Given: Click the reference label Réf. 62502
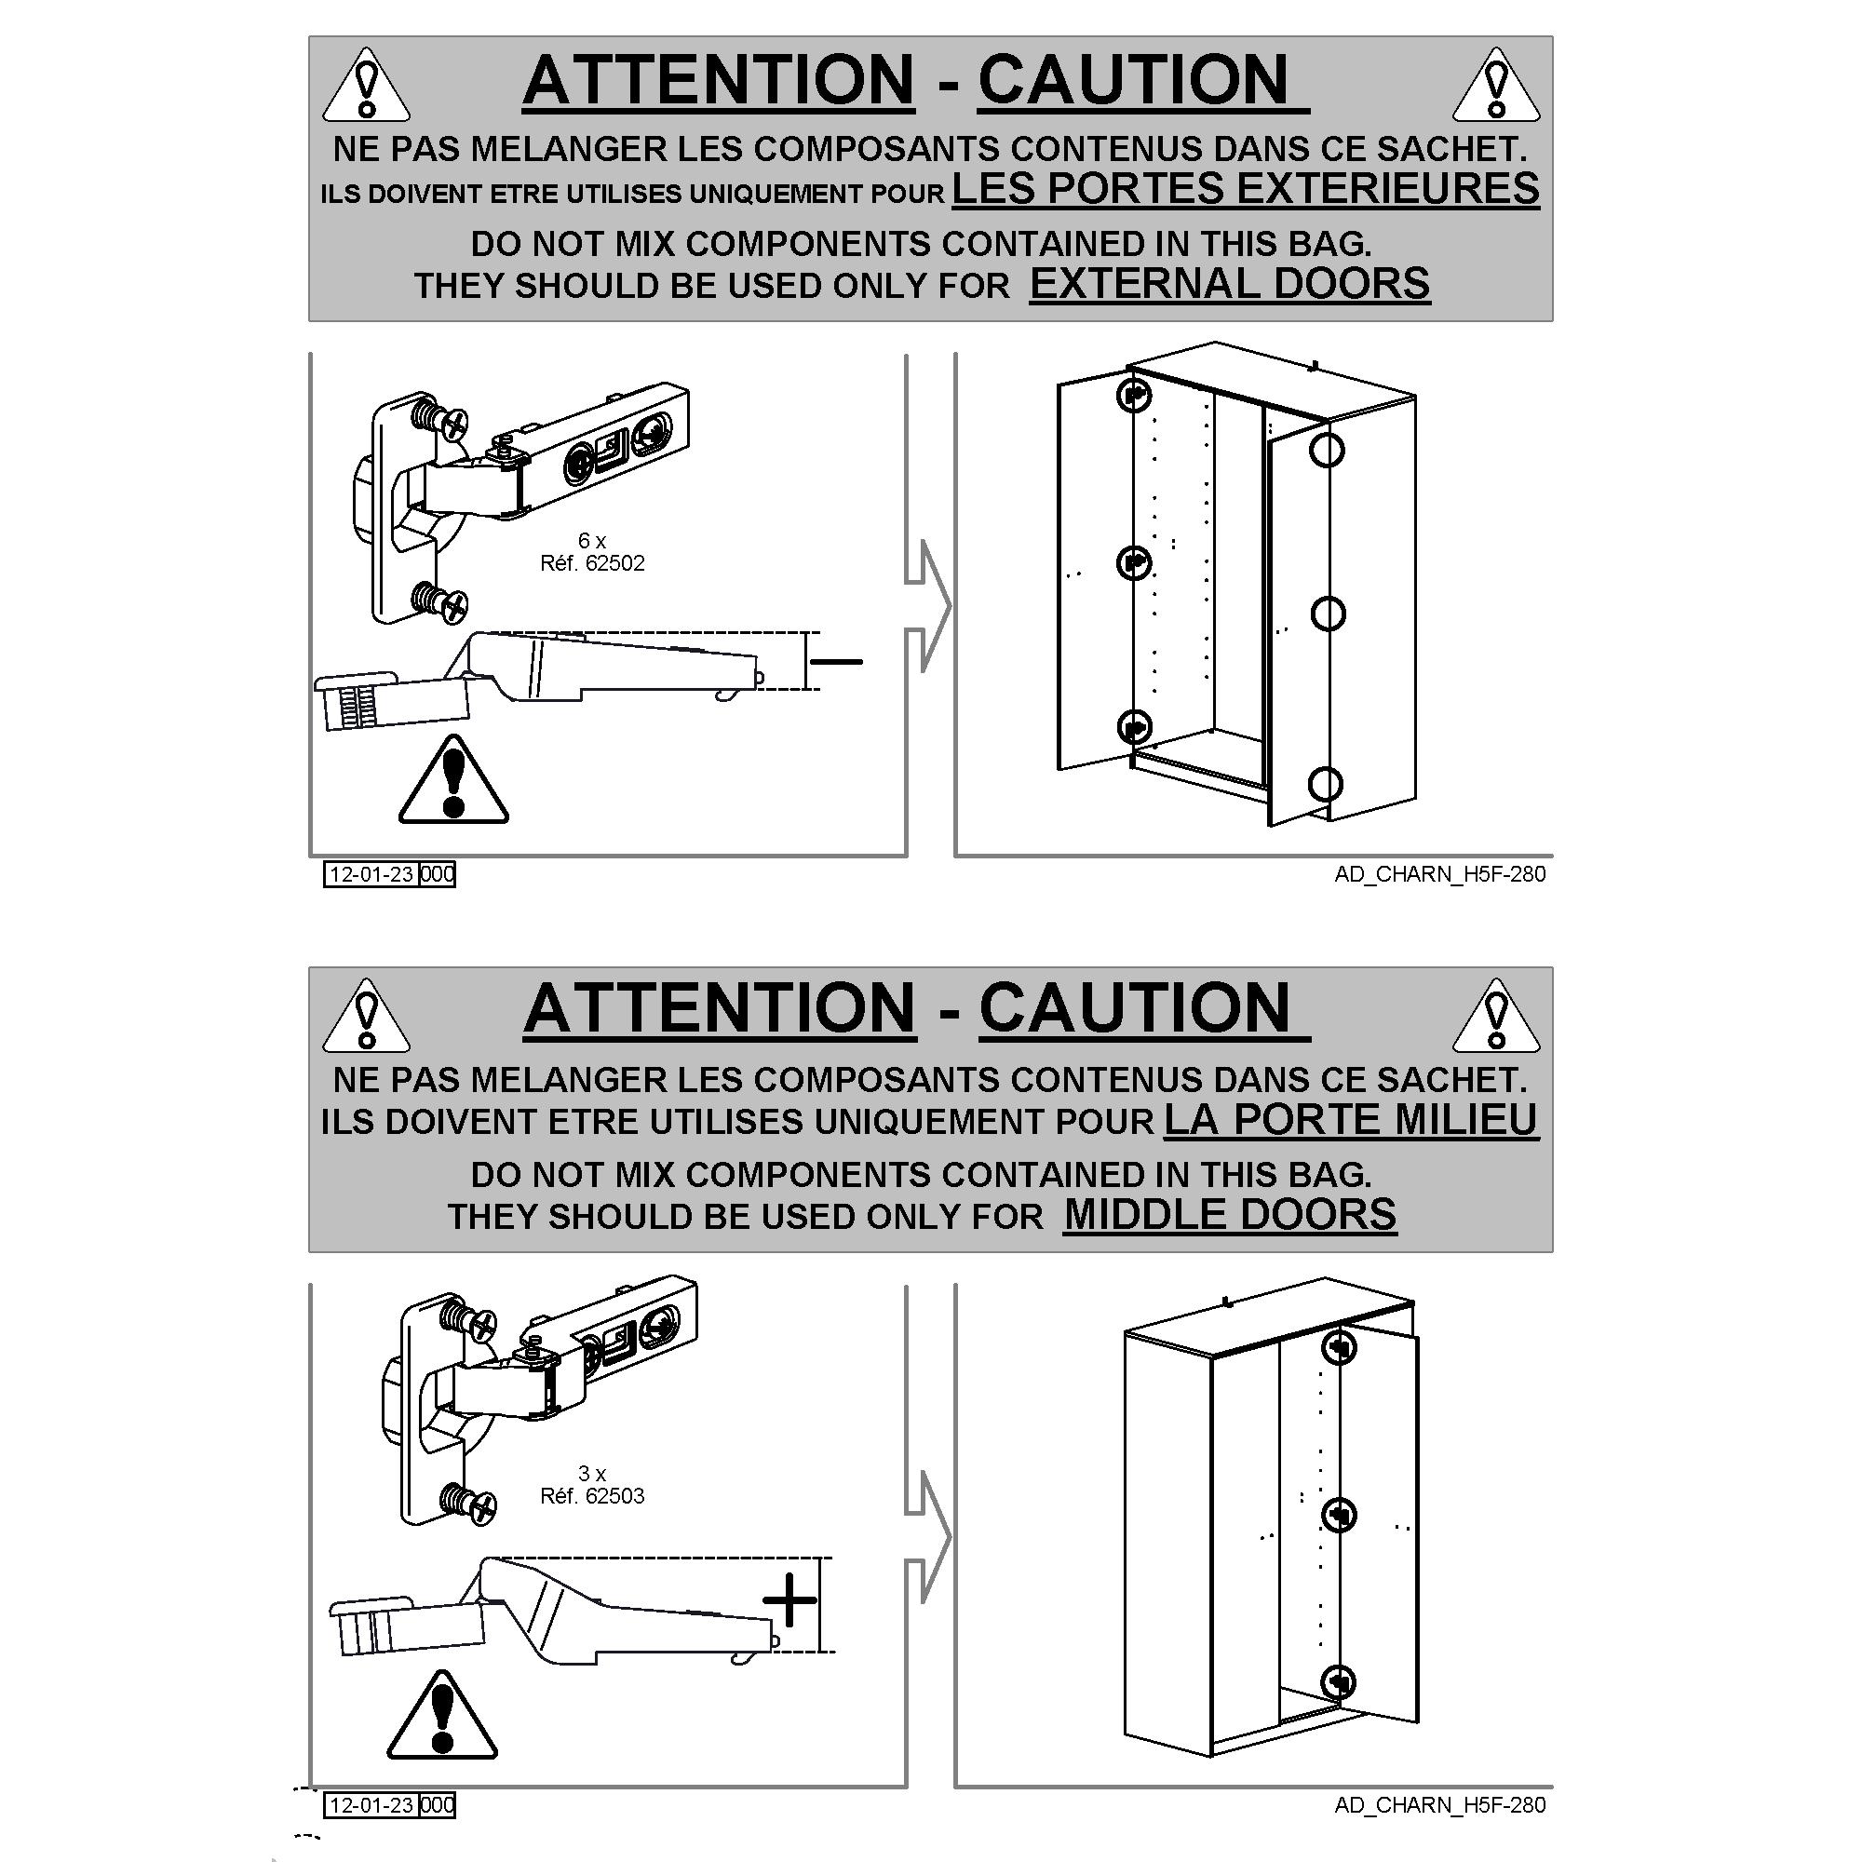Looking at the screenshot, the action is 592,563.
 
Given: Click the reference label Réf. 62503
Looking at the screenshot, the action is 592,1496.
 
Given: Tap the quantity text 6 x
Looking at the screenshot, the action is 592,540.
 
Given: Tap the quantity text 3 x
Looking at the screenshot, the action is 592,1473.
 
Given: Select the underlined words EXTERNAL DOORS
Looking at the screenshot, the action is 1230,283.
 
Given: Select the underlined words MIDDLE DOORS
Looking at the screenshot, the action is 1230,1214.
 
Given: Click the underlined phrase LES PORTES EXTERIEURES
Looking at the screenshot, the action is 1245,188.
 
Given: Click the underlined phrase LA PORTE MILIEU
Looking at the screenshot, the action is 1350,1119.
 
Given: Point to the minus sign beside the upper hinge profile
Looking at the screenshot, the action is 837,661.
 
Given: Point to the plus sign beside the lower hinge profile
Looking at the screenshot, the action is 789,1600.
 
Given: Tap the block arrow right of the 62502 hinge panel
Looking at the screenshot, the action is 927,606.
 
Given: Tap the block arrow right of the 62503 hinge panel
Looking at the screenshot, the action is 927,1538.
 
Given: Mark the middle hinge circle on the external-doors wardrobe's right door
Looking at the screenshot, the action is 1329,613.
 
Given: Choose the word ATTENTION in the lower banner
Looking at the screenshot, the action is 719,1008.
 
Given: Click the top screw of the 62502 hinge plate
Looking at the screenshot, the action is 441,418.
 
